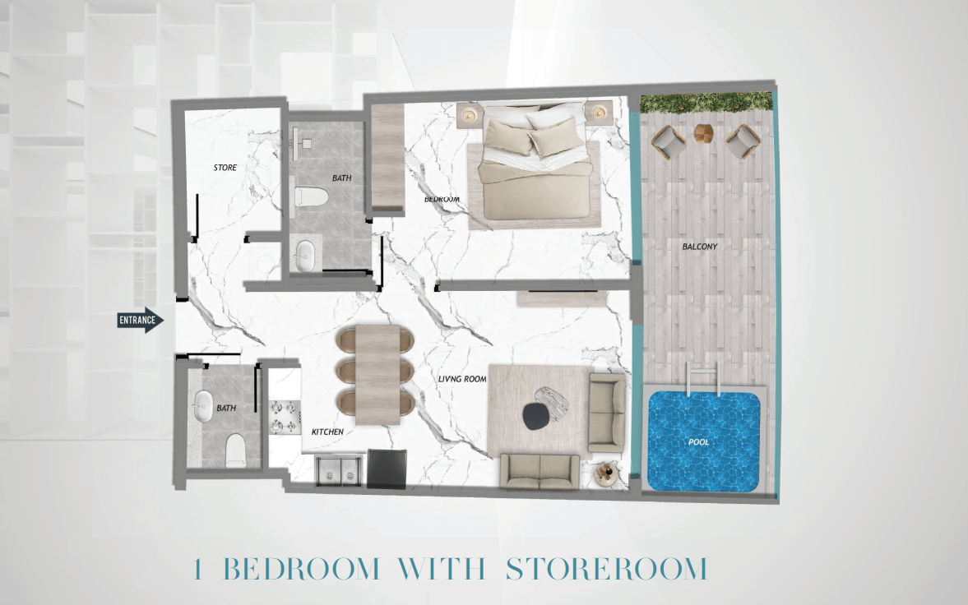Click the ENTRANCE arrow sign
pyautogui.click(x=141, y=320)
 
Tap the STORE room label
pyautogui.click(x=225, y=168)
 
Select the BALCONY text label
pyautogui.click(x=699, y=247)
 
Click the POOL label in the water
pyautogui.click(x=698, y=442)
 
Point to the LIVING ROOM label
pyautogui.click(x=462, y=378)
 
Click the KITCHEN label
pyautogui.click(x=327, y=432)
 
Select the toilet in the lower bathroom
pyautogui.click(x=236, y=450)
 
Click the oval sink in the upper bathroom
pyautogui.click(x=305, y=256)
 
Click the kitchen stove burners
pyautogui.click(x=285, y=417)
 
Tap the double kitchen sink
pyautogui.click(x=339, y=470)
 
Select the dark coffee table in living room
pyautogui.click(x=535, y=417)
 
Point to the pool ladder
pyautogui.click(x=702, y=378)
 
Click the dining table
pyautogui.click(x=377, y=375)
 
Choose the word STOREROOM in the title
pyautogui.click(x=606, y=569)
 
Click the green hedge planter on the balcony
pyautogui.click(x=706, y=102)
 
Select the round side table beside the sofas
pyautogui.click(x=605, y=474)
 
